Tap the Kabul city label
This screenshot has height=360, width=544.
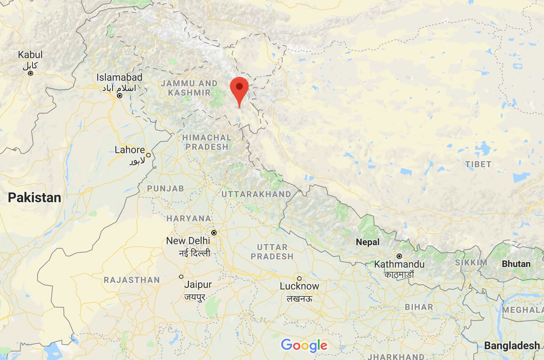[30, 55]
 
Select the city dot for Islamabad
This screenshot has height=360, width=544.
[120, 96]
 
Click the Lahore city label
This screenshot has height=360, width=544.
[130, 150]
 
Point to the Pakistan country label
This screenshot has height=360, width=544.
[35, 197]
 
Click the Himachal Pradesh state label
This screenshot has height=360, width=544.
[206, 142]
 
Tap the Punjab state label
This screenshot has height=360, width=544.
[165, 188]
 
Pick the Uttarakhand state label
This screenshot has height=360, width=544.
[256, 195]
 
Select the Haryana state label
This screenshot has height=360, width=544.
[189, 218]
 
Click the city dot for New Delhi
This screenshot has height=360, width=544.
[214, 233]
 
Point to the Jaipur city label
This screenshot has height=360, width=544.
[198, 284]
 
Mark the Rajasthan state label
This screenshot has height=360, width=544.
[132, 280]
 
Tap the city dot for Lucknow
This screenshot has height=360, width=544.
[300, 278]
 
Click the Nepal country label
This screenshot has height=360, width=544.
[368, 242]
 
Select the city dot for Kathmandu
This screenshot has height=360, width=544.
[399, 256]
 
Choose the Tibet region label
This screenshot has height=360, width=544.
[478, 164]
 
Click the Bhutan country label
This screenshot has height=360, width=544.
[516, 264]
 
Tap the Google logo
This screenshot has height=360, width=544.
[304, 345]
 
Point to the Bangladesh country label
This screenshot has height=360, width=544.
[512, 346]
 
